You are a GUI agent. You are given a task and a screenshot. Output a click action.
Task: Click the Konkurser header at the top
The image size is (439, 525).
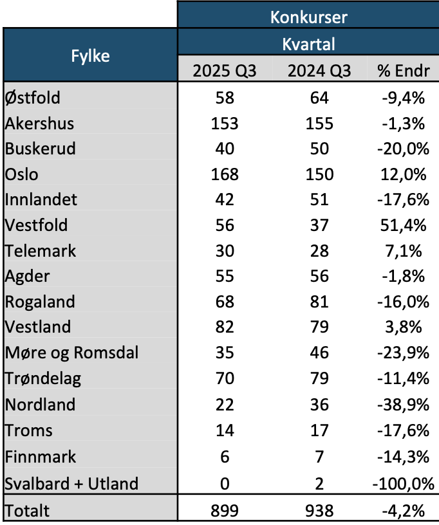click(x=309, y=16)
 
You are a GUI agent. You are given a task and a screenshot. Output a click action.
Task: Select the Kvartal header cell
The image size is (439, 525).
click(x=309, y=44)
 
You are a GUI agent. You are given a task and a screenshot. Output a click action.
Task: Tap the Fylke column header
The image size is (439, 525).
click(x=89, y=56)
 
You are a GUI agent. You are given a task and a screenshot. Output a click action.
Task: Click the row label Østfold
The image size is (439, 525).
click(x=33, y=98)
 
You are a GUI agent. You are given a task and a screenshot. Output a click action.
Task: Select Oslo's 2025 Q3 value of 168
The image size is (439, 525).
click(x=225, y=174)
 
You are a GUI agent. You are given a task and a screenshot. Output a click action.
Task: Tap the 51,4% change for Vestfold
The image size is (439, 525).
click(x=403, y=226)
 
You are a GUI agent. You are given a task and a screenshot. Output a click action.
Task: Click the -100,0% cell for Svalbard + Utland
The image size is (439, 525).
click(x=403, y=483)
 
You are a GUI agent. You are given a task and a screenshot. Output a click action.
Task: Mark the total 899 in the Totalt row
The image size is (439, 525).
click(x=225, y=511)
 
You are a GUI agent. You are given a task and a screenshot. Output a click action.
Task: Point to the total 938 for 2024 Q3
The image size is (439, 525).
click(x=319, y=511)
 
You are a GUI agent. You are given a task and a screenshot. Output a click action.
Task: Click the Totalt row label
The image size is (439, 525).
click(x=27, y=511)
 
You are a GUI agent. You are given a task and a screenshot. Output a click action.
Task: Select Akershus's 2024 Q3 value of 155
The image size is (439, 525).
click(x=319, y=123)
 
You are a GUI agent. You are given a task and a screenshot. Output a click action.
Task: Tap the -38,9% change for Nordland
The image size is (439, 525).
click(x=403, y=405)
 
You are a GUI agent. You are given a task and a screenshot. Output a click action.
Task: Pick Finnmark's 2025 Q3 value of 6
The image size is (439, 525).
click(x=225, y=457)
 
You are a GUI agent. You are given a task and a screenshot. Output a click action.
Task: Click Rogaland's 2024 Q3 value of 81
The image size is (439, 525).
click(x=319, y=302)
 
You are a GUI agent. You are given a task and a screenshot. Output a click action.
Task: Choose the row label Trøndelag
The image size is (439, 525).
click(x=42, y=380)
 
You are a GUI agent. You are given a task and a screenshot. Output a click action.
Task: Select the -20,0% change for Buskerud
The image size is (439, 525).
click(x=403, y=149)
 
